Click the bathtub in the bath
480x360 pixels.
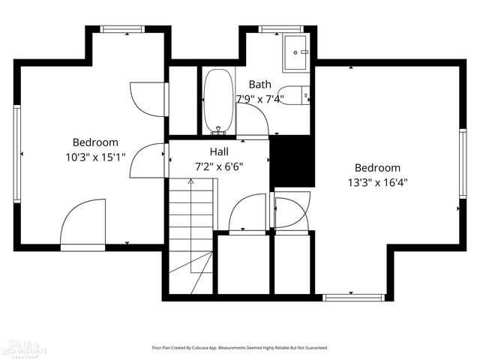point(218,102)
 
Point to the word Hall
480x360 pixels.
point(219,151)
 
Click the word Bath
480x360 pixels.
point(260,85)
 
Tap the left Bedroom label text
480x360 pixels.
point(95,142)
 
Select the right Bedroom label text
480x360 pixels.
point(377,168)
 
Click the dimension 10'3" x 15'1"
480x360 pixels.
point(95,157)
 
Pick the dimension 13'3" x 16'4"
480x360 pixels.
point(377,182)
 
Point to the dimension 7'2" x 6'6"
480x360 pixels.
point(219,166)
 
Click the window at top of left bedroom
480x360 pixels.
point(122,29)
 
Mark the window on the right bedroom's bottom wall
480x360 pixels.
point(353,297)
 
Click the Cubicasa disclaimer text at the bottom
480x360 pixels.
point(240,348)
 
